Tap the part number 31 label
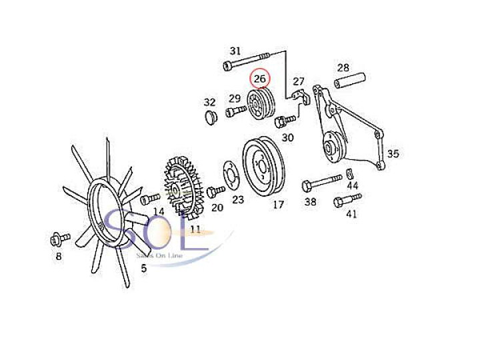click(235, 51)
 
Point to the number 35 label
click(393, 154)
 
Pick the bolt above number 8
click(57, 238)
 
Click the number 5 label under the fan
click(143, 269)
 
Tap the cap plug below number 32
click(211, 119)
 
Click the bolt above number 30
click(285, 122)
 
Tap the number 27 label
click(298, 81)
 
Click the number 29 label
click(235, 99)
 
